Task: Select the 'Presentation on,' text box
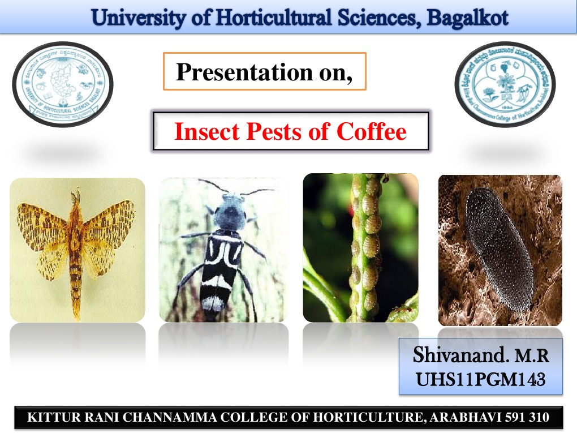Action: [264, 72]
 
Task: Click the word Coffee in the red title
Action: [372, 131]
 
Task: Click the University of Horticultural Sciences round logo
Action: [63, 84]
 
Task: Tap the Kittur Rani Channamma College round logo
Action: [505, 84]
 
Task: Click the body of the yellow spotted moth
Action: [76, 249]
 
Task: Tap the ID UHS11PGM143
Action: [480, 378]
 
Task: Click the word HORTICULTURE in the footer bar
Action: [367, 418]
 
